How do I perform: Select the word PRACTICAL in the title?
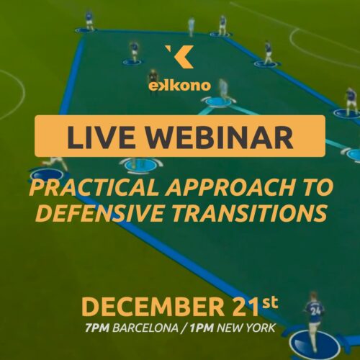pyautogui.click(x=93, y=187)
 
